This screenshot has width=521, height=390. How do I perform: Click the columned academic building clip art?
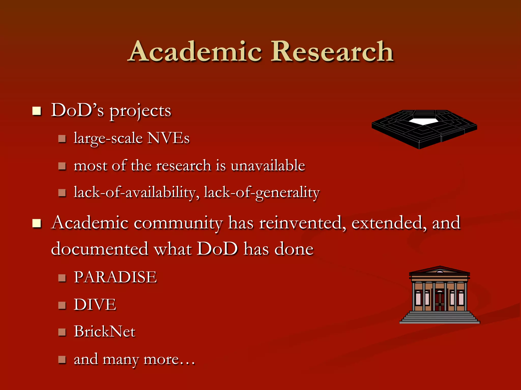[x=440, y=295]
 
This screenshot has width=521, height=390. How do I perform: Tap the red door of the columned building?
[x=440, y=301]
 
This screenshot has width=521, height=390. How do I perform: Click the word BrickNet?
[x=105, y=332]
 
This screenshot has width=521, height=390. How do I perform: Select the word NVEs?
[x=168, y=138]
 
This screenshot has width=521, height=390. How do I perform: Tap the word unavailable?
[x=268, y=166]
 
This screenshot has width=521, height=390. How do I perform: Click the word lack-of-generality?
[x=262, y=192]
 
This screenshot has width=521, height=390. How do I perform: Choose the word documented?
[x=99, y=249]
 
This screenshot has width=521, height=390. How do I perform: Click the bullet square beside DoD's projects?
[x=37, y=111]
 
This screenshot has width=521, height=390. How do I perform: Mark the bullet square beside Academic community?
[x=37, y=223]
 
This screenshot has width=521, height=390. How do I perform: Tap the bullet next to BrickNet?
[x=62, y=332]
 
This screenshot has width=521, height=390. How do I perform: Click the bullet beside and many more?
[x=62, y=360]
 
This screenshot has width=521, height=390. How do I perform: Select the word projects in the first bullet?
[x=140, y=111]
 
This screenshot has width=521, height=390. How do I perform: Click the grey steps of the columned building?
[x=440, y=318]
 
